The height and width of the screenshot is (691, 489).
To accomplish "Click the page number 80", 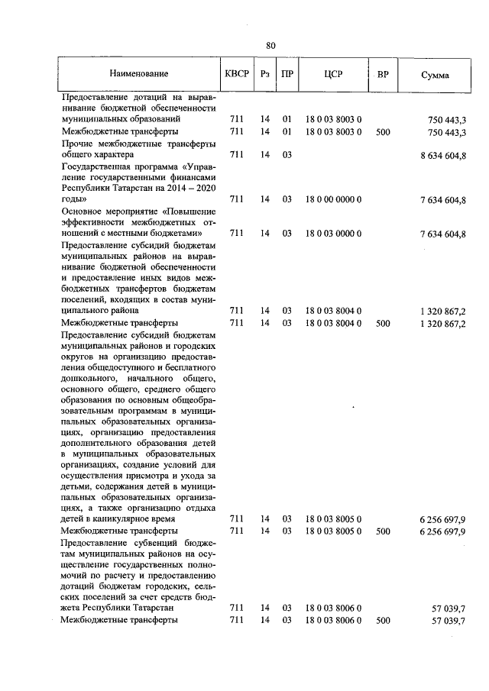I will [x=270, y=45].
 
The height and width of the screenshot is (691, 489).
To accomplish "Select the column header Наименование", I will [x=138, y=75].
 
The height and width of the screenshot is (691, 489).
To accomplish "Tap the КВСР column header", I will [x=236, y=75].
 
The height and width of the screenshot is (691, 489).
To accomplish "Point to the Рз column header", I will [x=265, y=75].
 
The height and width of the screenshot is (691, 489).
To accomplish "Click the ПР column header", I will [x=287, y=75].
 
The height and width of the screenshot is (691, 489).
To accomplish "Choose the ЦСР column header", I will [x=333, y=75].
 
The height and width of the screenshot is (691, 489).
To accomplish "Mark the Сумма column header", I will [x=435, y=75].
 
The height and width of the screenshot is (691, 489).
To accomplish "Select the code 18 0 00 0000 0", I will [x=333, y=199].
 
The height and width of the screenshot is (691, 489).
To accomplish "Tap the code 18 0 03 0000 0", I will [x=333, y=233].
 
